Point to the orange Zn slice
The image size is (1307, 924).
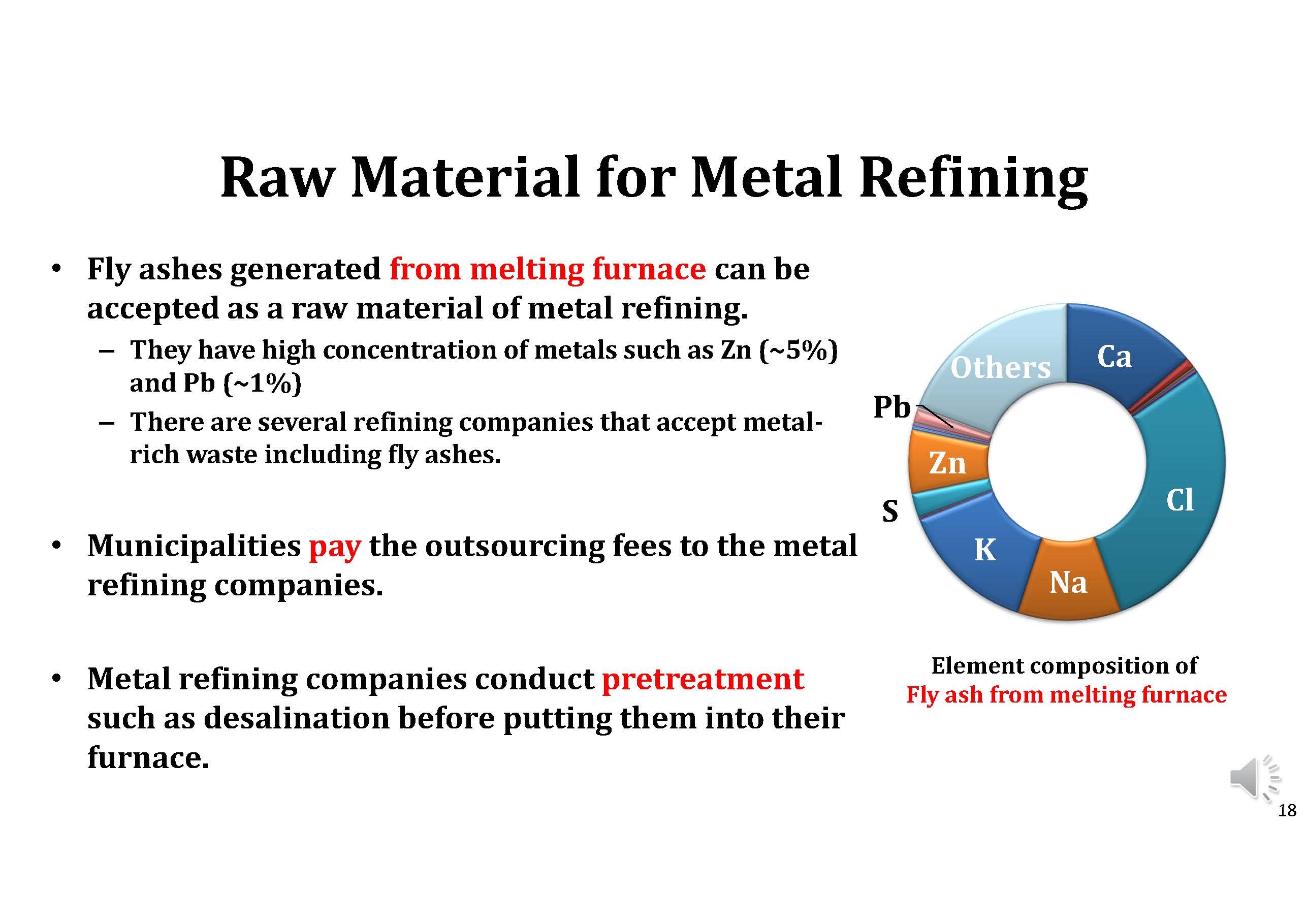click(x=948, y=462)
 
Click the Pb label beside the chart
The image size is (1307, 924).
click(x=892, y=407)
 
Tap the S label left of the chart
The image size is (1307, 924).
click(x=890, y=511)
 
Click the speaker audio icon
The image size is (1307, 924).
click(x=1255, y=778)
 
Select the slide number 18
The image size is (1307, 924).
click(x=1287, y=810)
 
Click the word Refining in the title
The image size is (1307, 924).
click(x=973, y=178)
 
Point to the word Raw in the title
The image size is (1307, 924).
click(x=277, y=178)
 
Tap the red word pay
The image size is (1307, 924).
click(x=335, y=547)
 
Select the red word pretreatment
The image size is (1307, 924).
click(x=703, y=680)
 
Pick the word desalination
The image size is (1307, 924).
click(x=296, y=718)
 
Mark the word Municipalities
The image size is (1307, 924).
click(x=194, y=547)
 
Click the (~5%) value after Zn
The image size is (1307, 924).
click(x=799, y=350)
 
